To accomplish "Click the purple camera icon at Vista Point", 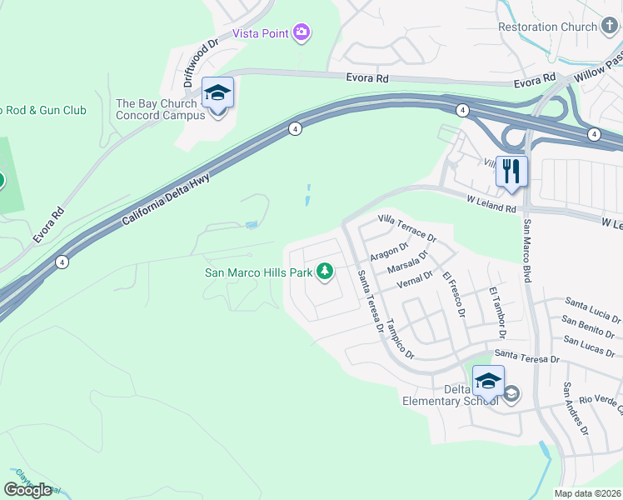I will (302, 33).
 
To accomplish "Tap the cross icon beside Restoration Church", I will (609, 27).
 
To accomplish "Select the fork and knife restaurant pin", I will (511, 171).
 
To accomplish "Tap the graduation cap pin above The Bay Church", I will (217, 93).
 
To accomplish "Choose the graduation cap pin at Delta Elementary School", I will (488, 382).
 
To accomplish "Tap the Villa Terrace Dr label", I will (406, 227).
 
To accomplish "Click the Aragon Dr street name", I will (389, 247).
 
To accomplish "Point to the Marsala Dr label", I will (407, 263).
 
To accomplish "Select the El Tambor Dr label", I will (497, 312).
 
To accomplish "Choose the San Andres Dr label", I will (576, 409).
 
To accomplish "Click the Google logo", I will (27, 489).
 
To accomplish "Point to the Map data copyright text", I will (587, 493).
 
